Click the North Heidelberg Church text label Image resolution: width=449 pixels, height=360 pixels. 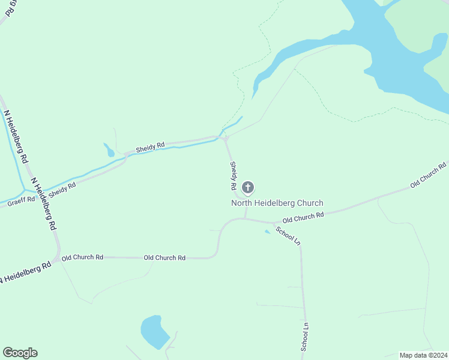point(277,203)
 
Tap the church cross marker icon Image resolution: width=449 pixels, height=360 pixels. point(248,188)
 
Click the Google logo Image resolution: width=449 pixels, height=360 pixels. point(20,353)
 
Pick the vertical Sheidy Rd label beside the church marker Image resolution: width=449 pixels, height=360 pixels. point(232,176)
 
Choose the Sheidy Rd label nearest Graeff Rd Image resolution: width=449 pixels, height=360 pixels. point(62,190)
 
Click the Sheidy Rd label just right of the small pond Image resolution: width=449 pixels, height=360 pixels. point(150,146)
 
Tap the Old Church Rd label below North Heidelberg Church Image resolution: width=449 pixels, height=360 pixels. point(303,215)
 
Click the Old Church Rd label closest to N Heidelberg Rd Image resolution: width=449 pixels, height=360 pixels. point(82,257)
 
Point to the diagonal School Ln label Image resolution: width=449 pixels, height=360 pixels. point(288,234)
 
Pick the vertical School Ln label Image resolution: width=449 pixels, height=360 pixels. point(304,337)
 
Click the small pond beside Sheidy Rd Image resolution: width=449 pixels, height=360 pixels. point(109,149)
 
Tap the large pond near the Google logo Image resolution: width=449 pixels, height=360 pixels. point(155,332)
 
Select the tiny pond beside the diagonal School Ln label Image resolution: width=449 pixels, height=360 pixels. point(267,232)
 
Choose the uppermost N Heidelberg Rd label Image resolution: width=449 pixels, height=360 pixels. point(16,137)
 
